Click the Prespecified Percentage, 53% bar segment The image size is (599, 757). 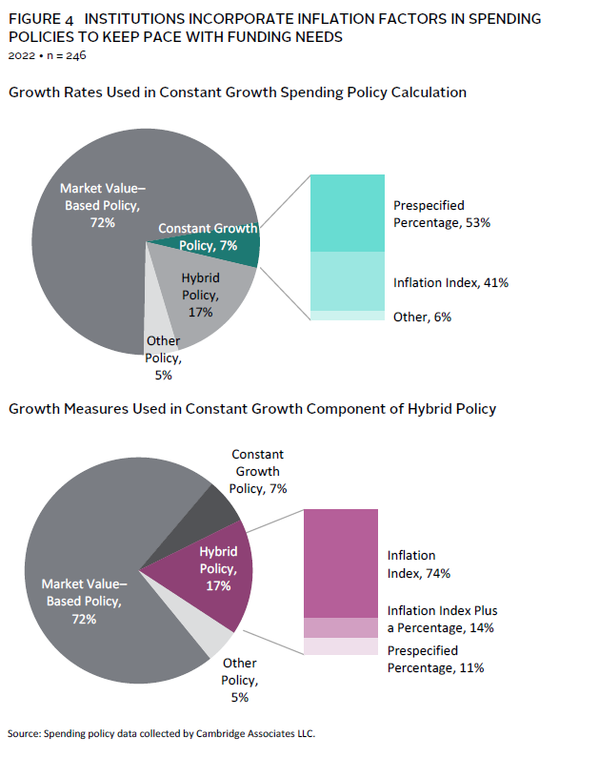[x=348, y=213]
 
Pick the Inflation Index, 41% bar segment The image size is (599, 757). [x=348, y=281]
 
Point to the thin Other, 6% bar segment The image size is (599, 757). [x=348, y=315]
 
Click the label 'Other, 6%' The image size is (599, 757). [x=422, y=317]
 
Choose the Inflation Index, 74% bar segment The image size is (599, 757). [x=341, y=563]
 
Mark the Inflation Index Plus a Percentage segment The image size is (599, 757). [x=341, y=627]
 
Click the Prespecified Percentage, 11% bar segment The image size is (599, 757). [x=341, y=646]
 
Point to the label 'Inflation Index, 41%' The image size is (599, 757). [x=450, y=282]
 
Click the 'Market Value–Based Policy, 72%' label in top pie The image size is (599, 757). [x=103, y=205]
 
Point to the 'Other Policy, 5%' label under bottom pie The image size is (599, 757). [x=239, y=680]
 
